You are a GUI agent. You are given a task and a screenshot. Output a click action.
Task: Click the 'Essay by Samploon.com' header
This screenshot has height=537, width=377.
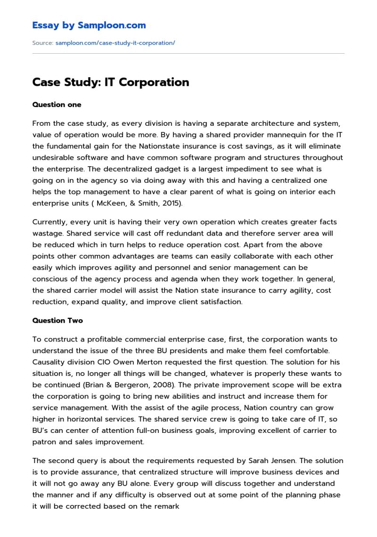click(x=89, y=25)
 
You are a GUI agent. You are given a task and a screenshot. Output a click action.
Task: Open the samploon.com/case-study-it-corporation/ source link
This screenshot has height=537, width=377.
click(x=115, y=43)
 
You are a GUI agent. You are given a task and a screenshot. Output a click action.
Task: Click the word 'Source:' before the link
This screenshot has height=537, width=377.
click(x=42, y=43)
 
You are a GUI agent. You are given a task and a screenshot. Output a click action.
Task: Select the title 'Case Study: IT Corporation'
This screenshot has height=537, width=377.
click(x=110, y=82)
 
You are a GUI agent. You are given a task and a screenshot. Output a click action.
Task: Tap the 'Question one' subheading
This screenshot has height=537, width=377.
click(x=57, y=105)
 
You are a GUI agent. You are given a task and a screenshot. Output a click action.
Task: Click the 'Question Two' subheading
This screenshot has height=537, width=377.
click(x=57, y=320)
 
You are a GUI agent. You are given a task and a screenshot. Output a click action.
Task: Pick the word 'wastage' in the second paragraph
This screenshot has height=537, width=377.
click(x=48, y=233)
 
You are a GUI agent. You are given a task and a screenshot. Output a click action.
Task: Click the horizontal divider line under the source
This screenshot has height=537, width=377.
click(x=188, y=54)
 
